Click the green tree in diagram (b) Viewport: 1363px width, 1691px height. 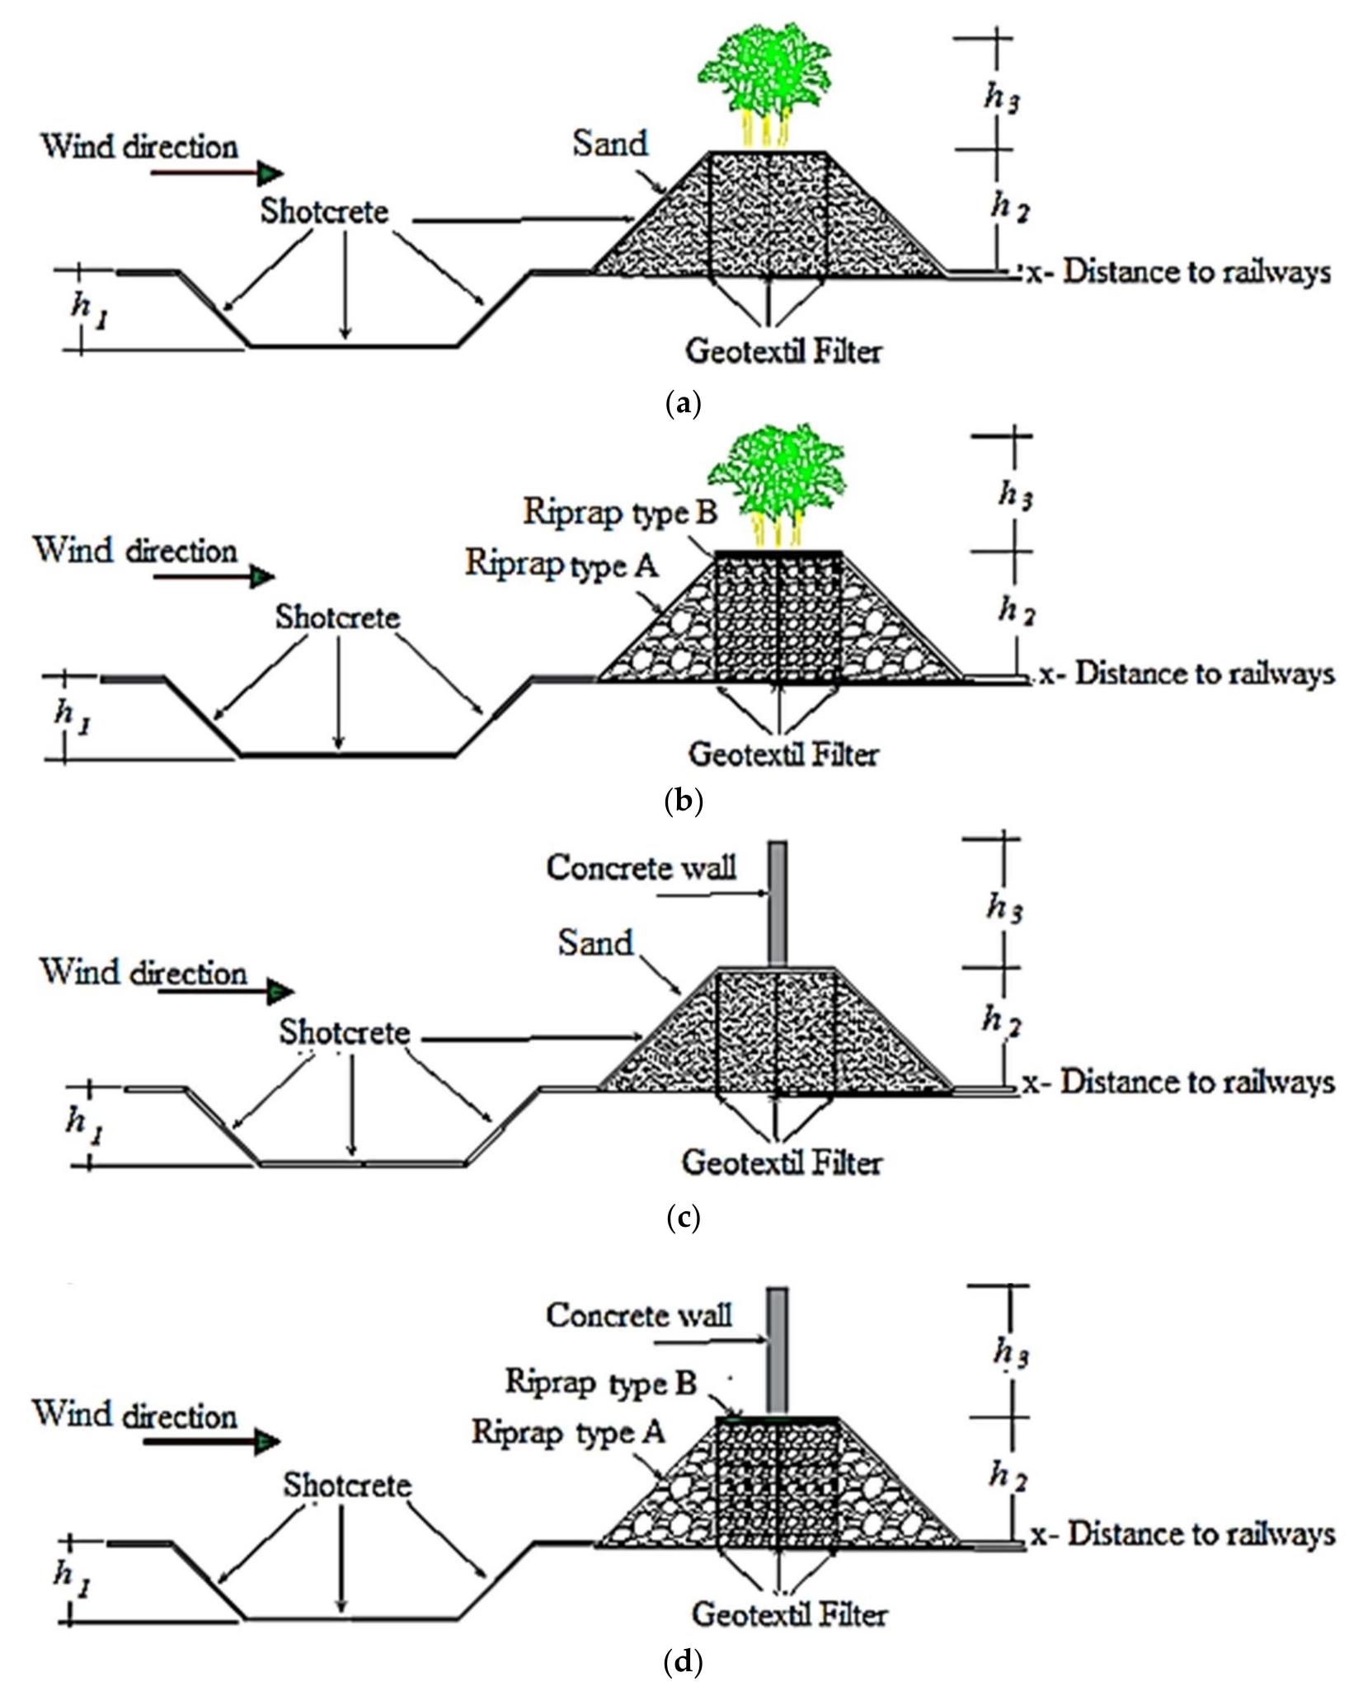tap(778, 474)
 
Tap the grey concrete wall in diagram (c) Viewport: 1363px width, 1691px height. tap(777, 903)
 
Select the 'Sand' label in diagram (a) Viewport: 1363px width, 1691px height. tap(609, 143)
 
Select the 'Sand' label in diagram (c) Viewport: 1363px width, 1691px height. tap(595, 942)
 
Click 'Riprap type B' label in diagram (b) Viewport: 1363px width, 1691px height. tap(620, 512)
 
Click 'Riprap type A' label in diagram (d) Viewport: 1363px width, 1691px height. tap(567, 1432)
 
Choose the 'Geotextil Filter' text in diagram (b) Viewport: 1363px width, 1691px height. tap(783, 754)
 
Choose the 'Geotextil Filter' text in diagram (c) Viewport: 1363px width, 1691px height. tap(781, 1163)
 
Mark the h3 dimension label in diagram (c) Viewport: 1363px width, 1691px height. tap(1003, 907)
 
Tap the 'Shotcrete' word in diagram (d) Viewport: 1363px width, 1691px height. tap(347, 1485)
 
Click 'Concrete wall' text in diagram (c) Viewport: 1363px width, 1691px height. tap(641, 867)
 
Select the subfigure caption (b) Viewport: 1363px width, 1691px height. tap(682, 801)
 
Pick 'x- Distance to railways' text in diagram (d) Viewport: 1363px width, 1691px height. tap(1182, 1534)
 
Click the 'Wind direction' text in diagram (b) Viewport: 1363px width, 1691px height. tap(135, 550)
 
